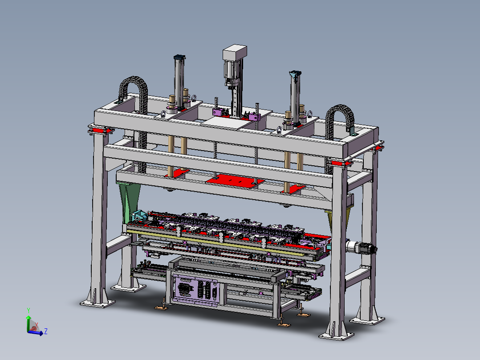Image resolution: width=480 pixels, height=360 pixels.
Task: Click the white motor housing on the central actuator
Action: click(x=235, y=52)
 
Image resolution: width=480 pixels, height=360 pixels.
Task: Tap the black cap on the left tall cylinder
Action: click(x=180, y=57)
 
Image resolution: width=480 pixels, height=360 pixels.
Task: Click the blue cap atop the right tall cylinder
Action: click(x=295, y=74)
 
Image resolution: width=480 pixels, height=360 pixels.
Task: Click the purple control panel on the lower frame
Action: click(x=195, y=289)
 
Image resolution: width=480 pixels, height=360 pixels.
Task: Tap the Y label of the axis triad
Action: click(x=28, y=311)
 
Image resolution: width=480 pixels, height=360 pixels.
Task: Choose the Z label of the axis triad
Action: click(x=45, y=331)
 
